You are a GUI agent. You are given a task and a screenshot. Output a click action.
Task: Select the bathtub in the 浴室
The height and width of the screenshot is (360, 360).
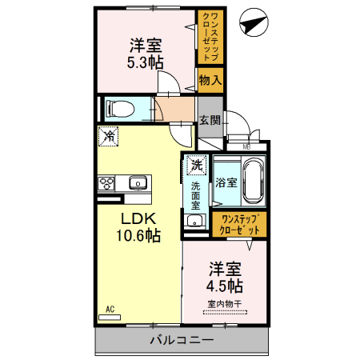(x=254, y=183)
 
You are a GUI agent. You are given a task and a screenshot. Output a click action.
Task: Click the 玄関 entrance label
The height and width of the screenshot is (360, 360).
(x=210, y=121)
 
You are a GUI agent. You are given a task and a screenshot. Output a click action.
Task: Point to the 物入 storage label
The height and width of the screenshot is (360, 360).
(x=210, y=80)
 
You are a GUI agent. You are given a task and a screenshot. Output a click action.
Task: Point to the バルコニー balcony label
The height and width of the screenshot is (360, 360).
(x=181, y=341)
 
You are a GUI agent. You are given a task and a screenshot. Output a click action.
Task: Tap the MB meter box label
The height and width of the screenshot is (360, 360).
(x=246, y=146)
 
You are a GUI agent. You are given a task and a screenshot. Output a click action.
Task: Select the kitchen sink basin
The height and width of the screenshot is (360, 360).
(x=138, y=182)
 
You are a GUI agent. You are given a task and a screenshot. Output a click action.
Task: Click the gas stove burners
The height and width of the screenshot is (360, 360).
(x=107, y=182)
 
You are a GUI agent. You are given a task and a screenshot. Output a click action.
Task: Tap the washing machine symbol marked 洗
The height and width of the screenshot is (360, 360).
(x=196, y=166)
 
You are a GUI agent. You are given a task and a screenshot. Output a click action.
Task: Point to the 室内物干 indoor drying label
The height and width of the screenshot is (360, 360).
(x=226, y=303)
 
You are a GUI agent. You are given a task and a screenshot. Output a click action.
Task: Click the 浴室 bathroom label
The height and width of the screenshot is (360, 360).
(x=226, y=182)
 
